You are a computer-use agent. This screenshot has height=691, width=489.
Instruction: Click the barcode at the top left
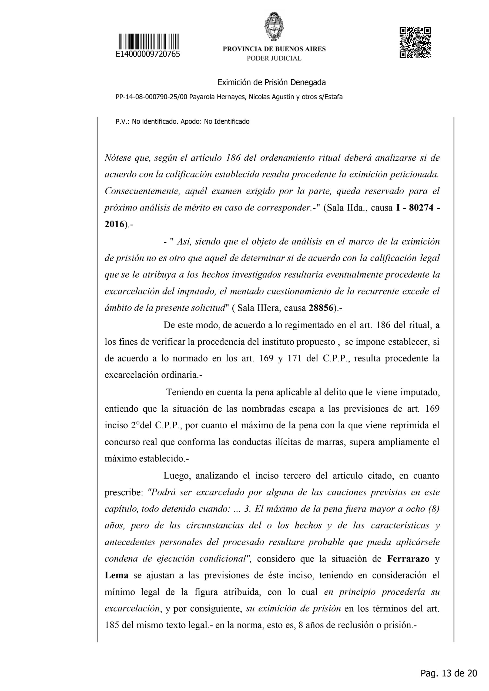pos(148,42)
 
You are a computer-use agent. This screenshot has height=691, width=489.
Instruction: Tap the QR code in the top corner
pos(415,42)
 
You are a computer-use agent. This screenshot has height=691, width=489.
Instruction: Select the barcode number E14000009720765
pos(148,55)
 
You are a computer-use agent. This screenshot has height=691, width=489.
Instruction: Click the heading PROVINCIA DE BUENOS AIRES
pos(274,49)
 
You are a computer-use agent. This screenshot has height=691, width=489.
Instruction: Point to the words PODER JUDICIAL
pos(274,58)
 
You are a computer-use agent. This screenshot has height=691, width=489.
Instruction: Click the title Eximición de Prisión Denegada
pos(272,82)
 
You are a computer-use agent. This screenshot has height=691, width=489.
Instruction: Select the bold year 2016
pos(115,224)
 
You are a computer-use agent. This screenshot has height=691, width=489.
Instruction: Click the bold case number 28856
pos(321,308)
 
